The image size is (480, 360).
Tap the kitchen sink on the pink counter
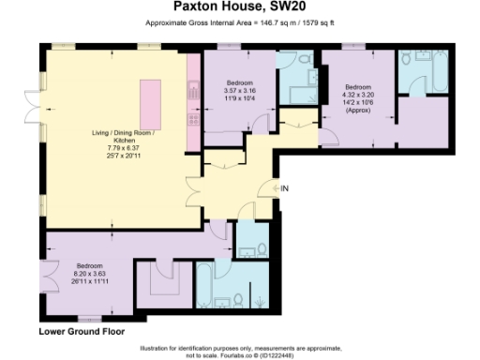tap(193, 92)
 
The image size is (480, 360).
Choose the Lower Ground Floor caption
tap(81, 332)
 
